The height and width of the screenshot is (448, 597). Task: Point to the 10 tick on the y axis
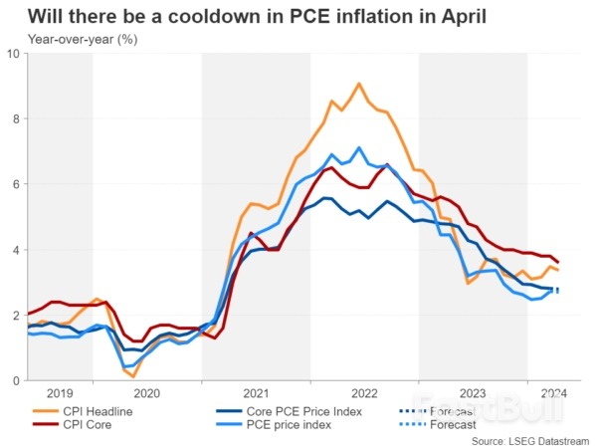(x=13, y=53)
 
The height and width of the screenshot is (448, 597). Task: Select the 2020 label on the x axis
(x=146, y=394)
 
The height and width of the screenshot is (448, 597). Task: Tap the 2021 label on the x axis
(x=255, y=394)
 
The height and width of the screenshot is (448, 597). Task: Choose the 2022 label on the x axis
(x=363, y=394)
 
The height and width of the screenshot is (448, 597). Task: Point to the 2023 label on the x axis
(x=472, y=394)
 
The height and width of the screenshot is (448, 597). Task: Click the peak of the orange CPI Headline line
(x=359, y=84)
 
